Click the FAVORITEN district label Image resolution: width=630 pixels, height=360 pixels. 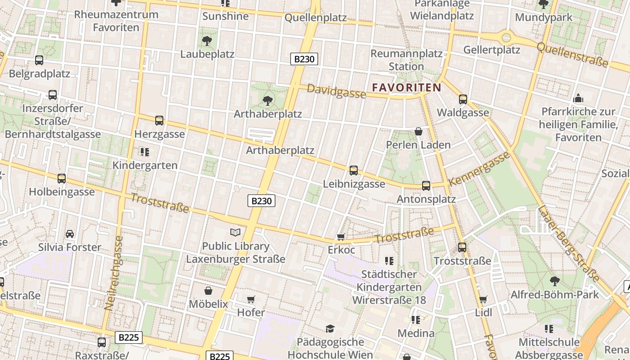(x=406, y=87)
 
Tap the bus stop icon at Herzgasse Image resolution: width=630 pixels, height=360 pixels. (x=159, y=121)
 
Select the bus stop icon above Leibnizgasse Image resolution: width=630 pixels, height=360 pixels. (x=354, y=171)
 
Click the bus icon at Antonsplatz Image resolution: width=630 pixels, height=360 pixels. (x=426, y=185)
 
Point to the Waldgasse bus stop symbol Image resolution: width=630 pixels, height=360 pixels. (x=463, y=99)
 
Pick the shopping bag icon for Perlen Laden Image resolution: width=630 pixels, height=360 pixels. (x=418, y=131)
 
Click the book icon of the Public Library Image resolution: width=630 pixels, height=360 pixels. (x=235, y=233)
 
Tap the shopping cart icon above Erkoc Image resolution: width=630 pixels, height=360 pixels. (x=341, y=237)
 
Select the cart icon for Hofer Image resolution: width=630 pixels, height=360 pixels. (x=251, y=299)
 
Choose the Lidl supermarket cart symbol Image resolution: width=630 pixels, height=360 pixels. (x=483, y=299)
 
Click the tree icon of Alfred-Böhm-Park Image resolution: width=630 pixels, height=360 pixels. (x=554, y=281)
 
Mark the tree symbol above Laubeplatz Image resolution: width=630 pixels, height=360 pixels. (x=207, y=41)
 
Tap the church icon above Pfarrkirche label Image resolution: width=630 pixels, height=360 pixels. (x=578, y=98)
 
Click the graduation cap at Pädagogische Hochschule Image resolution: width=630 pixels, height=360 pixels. (x=330, y=329)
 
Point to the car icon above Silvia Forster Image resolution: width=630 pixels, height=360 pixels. (x=70, y=234)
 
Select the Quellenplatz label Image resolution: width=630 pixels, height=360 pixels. (x=316, y=18)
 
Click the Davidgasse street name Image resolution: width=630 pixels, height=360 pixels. (x=336, y=91)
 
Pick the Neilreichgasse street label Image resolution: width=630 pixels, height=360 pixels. (x=113, y=273)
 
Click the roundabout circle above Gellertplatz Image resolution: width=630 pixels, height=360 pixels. (x=507, y=37)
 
